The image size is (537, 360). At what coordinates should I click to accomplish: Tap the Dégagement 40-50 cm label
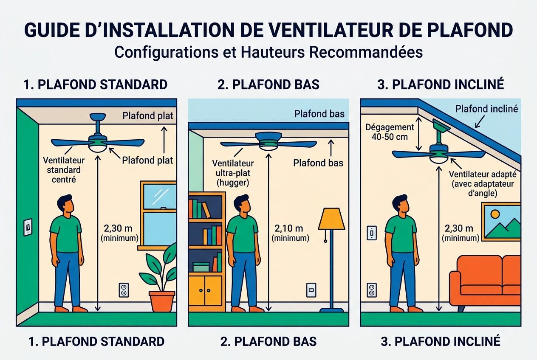click(390, 132)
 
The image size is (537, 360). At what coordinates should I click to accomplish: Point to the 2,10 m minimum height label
click(291, 233)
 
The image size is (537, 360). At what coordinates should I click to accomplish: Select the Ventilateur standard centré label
click(64, 170)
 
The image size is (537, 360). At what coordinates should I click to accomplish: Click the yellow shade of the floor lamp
click(331, 219)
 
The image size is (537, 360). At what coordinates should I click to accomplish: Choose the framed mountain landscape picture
click(501, 222)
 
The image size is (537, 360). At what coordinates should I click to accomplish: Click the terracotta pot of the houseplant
click(162, 301)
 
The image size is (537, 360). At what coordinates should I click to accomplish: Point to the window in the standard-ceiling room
click(158, 214)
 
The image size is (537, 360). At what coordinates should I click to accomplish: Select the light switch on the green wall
click(28, 227)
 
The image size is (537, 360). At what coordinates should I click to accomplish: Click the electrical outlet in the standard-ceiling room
click(124, 290)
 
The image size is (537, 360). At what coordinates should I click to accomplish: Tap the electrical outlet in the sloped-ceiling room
click(372, 290)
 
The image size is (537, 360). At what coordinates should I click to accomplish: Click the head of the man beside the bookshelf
click(241, 205)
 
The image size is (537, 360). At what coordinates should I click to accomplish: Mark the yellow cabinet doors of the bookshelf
click(206, 290)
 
